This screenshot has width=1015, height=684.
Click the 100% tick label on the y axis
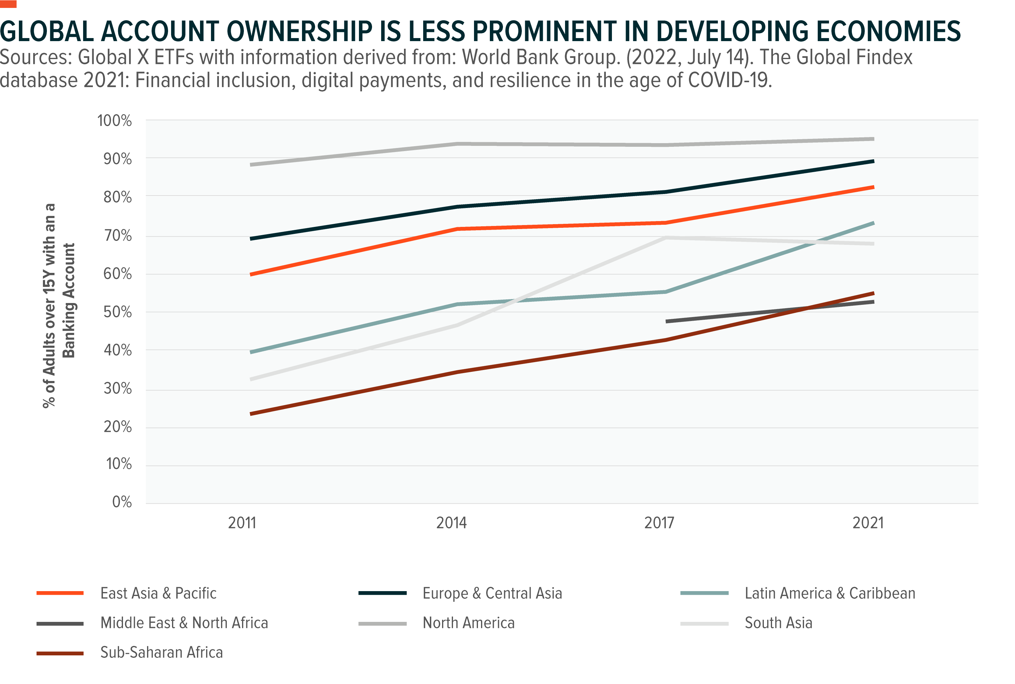114,121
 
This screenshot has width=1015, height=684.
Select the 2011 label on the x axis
242,523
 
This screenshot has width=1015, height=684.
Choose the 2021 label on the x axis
868,523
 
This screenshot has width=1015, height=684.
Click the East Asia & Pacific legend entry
158,593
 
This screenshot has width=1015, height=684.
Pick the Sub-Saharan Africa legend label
161,653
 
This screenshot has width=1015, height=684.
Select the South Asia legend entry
778,623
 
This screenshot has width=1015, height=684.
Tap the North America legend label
469,623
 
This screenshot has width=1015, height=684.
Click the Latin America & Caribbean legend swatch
704,593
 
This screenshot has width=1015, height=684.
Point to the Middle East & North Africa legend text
184,623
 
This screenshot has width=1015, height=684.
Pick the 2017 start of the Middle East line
667,322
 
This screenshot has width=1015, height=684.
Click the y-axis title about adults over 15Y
59,305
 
